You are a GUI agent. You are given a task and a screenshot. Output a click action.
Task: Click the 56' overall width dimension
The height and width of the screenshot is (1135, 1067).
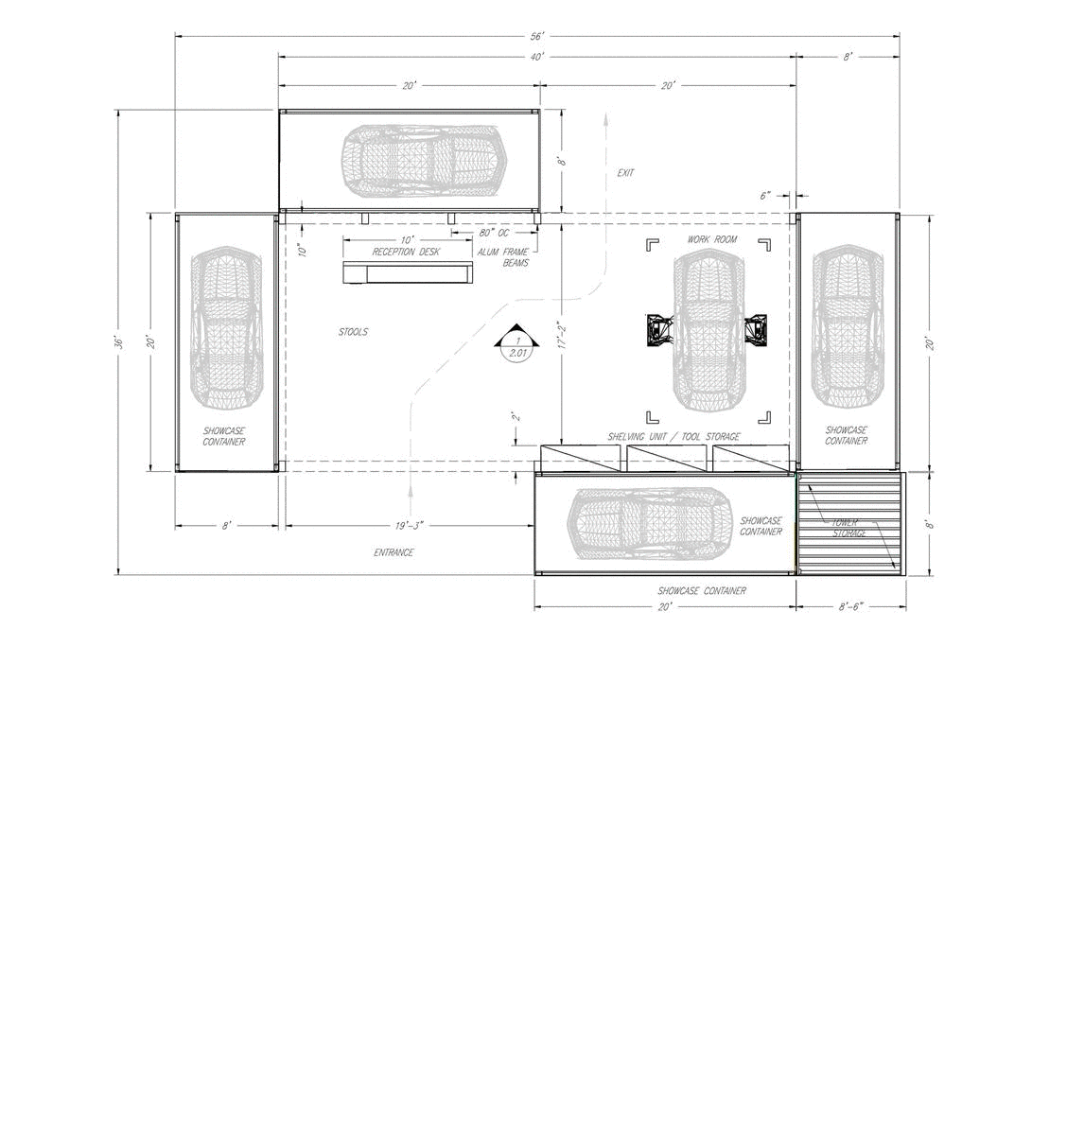click(537, 37)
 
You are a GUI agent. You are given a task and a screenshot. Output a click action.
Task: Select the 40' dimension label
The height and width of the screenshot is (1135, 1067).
click(537, 57)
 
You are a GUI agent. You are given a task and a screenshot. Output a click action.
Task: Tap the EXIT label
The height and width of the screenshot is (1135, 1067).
click(625, 172)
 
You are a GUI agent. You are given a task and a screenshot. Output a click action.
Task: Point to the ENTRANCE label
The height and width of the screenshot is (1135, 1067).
click(394, 552)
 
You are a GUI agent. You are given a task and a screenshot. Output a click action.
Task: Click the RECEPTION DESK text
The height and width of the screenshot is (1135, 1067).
click(406, 252)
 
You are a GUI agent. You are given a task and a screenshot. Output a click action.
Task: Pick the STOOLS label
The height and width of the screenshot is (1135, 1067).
click(354, 331)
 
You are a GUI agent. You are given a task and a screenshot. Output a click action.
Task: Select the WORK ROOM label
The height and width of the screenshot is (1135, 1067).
click(712, 239)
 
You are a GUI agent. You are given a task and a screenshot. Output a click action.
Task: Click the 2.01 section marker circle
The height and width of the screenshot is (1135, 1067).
click(517, 349)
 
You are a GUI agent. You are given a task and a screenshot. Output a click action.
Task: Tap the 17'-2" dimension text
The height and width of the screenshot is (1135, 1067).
click(562, 336)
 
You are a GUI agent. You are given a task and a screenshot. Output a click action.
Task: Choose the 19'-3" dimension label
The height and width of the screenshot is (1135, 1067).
click(409, 526)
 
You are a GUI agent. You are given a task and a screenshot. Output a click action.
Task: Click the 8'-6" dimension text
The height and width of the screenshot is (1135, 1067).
click(850, 606)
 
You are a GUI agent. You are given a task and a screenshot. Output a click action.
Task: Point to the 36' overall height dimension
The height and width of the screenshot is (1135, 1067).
click(118, 341)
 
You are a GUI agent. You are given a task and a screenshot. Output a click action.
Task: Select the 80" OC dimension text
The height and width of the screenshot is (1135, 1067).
click(494, 233)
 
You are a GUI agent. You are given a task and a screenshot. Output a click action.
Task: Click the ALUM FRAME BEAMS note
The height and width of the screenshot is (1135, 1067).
click(503, 257)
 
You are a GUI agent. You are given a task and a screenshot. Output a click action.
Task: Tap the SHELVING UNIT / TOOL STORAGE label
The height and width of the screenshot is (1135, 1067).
click(673, 437)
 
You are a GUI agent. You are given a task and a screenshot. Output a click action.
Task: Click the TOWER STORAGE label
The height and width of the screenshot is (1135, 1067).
click(847, 528)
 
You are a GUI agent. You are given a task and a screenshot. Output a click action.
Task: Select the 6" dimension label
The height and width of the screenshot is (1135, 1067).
click(765, 196)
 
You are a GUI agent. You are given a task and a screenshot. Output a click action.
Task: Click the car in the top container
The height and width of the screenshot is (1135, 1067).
click(424, 161)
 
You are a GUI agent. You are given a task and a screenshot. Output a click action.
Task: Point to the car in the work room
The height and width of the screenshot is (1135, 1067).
click(709, 330)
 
